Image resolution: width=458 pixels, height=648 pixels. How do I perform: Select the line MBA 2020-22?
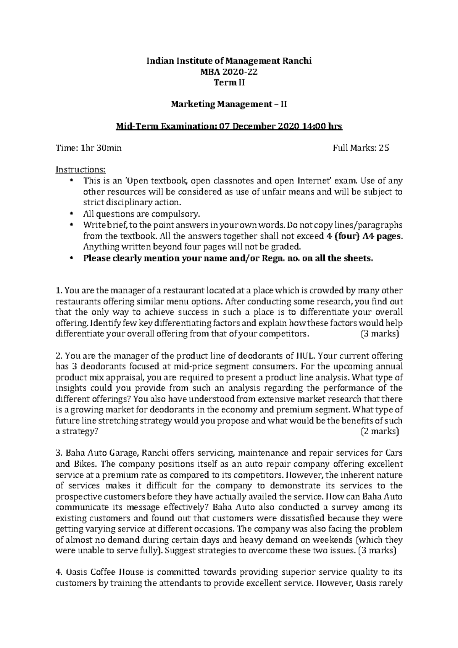click(x=229, y=71)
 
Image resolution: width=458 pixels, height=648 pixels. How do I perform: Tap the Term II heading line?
click(x=229, y=82)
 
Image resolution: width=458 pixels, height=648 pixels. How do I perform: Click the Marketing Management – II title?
click(x=229, y=104)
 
